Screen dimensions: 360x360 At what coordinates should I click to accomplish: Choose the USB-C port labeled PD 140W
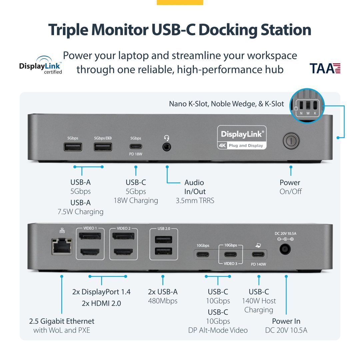click(259, 255)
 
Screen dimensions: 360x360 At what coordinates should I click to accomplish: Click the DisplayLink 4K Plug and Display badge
click(242, 137)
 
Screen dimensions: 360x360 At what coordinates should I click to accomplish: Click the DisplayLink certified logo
click(41, 65)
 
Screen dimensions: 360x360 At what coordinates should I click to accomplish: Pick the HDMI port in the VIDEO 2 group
click(123, 252)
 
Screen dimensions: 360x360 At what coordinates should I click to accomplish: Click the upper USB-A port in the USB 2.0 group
click(163, 240)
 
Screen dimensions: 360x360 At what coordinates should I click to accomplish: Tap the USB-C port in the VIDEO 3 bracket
click(230, 255)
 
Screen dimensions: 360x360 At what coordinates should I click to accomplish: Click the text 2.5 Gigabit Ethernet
click(62, 321)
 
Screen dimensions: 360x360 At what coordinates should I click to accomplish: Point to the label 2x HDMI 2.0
click(101, 303)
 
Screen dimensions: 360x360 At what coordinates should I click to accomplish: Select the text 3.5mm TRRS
click(195, 201)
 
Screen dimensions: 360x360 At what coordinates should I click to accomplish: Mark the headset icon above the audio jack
click(167, 138)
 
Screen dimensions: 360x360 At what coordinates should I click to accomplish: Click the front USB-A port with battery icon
click(103, 146)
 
